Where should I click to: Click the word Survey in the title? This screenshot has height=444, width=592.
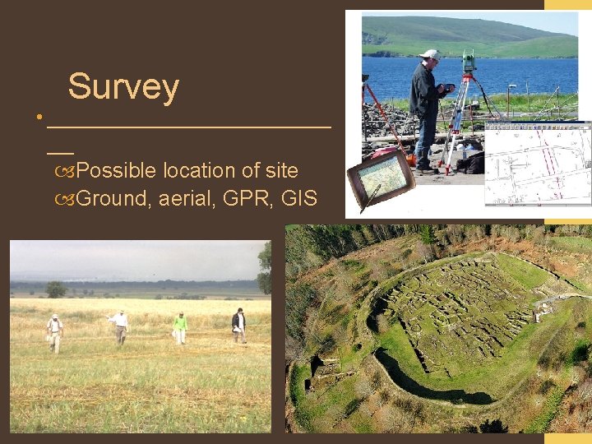point(123,87)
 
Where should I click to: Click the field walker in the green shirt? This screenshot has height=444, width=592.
point(179,326)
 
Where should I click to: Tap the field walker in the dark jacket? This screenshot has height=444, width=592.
point(238,324)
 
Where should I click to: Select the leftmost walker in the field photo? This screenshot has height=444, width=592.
point(55,332)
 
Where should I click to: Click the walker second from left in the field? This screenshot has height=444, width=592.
point(120,326)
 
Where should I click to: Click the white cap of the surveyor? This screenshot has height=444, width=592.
point(428,54)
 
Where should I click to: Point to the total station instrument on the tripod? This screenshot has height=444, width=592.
point(469,62)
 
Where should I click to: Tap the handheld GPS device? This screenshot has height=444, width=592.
point(379,176)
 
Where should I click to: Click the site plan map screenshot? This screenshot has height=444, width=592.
point(538,165)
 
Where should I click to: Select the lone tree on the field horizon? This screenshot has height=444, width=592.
point(56,289)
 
